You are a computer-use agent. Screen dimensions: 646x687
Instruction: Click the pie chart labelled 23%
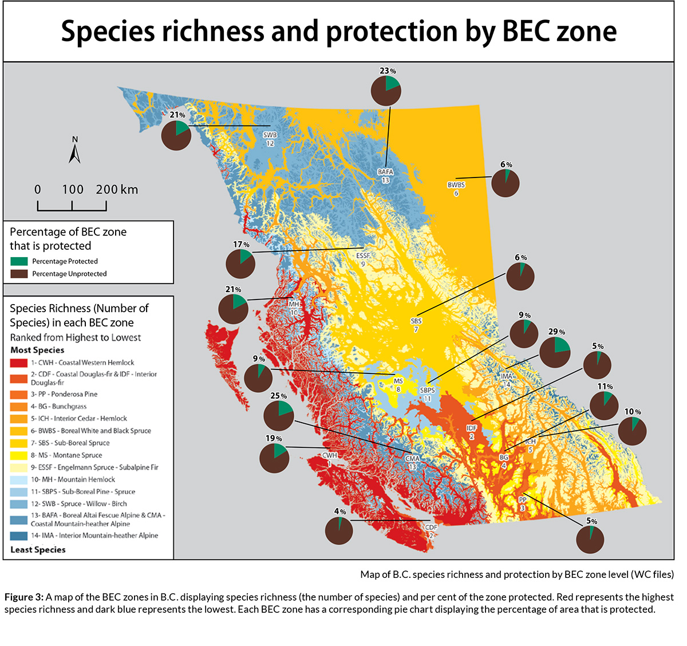[x=386, y=91]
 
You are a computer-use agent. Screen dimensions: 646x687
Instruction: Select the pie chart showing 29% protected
[x=555, y=352]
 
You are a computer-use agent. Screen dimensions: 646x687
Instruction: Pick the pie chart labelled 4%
[x=339, y=531]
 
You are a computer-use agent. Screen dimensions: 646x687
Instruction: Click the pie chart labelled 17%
[x=240, y=264]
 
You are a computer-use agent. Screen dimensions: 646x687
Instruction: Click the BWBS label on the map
[x=456, y=185]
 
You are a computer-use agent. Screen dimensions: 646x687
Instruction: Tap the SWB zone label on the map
[x=270, y=136]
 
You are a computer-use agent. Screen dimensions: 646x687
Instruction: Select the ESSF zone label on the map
[x=363, y=256]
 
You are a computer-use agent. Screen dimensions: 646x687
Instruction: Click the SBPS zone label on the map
[x=427, y=391]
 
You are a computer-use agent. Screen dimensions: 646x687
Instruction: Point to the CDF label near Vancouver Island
[x=431, y=527]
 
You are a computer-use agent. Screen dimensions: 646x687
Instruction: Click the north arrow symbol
[x=74, y=152]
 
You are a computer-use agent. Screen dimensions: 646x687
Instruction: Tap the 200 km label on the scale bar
[x=117, y=190]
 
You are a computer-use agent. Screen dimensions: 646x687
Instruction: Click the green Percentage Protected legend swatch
[x=19, y=261]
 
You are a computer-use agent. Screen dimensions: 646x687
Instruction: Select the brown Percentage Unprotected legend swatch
[x=19, y=274]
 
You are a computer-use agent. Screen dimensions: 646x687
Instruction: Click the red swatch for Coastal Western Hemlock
[x=19, y=363]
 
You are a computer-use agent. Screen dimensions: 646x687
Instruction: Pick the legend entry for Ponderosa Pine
[x=64, y=394]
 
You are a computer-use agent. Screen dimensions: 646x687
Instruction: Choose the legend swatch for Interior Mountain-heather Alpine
[x=19, y=536]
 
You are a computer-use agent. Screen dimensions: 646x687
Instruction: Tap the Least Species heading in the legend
[x=38, y=550]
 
